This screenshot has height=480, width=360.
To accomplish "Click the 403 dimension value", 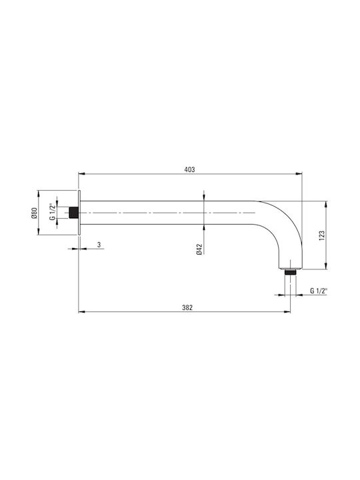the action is [189, 169].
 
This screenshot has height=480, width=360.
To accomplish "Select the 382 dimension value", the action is [187, 307].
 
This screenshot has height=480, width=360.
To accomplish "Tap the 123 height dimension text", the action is [321, 235].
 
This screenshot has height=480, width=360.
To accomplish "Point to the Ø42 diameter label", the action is [199, 249].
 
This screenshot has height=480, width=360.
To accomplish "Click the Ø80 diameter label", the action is [34, 213].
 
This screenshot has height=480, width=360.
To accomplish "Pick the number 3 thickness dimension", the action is [99, 245].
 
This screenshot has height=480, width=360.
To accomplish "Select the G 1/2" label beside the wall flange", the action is [53, 212].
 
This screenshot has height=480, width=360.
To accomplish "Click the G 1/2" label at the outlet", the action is [319, 291].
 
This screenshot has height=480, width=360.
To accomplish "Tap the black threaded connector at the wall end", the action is [73, 213].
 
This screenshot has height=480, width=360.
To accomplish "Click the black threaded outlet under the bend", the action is [290, 272].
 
